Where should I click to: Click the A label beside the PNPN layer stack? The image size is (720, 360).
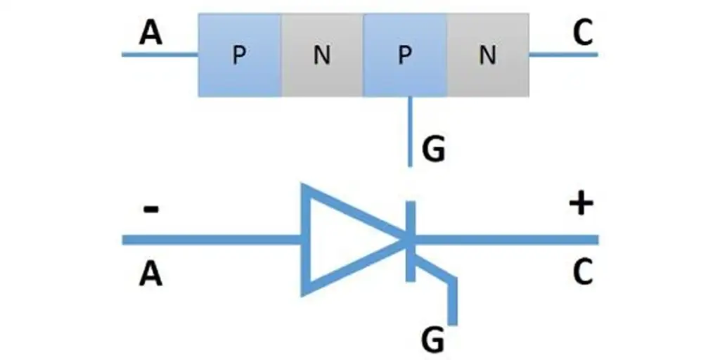click(150, 33)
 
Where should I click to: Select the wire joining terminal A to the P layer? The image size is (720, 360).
click(160, 54)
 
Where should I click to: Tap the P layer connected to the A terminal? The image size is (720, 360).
click(240, 55)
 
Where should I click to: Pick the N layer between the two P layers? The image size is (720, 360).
click(322, 55)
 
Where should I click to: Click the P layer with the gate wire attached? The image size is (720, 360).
click(404, 55)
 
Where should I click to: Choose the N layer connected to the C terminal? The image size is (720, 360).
click(487, 55)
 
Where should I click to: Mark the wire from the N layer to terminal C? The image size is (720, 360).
click(562, 54)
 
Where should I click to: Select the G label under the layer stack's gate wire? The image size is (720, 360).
click(433, 150)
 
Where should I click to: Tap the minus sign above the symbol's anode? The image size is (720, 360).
click(150, 209)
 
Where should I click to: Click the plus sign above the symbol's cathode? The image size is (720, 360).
click(582, 205)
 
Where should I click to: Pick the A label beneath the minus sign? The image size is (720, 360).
click(150, 274)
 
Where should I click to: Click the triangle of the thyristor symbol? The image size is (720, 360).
click(337, 240)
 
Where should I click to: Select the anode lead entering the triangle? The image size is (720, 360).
click(211, 240)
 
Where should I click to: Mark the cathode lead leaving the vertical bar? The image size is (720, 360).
click(506, 240)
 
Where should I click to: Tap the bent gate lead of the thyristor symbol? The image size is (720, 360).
click(453, 299)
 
